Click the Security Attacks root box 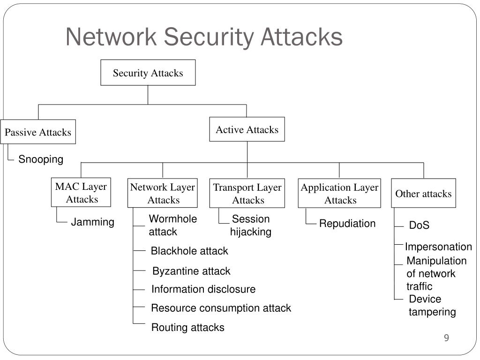tap(148, 73)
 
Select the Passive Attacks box tap(38, 132)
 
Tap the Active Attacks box tap(247, 129)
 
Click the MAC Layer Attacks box tap(81, 192)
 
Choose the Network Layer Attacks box tap(163, 193)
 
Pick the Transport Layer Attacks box tap(247, 194)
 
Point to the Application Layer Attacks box tap(339, 194)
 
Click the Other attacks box tap(423, 193)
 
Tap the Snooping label tap(41, 159)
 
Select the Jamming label tap(92, 222)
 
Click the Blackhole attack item tap(189, 251)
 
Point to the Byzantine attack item tap(191, 271)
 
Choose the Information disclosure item tap(203, 289)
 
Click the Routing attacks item tap(187, 327)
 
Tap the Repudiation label tap(347, 224)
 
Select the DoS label tap(419, 225)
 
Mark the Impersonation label tap(438, 247)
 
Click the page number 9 tap(447, 337)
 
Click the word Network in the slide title tap(111, 37)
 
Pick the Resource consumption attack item tap(221, 308)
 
